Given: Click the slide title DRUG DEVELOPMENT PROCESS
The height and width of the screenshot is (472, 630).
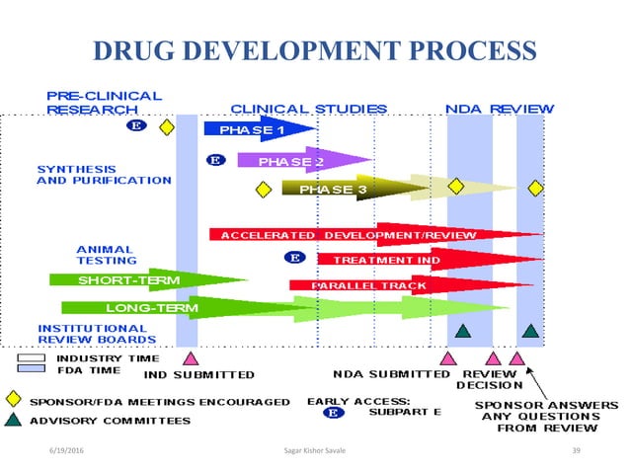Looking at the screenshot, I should [x=314, y=50].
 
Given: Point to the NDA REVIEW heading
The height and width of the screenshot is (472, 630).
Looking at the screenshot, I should [x=500, y=108].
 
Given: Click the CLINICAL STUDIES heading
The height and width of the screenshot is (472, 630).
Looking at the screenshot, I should [x=308, y=108].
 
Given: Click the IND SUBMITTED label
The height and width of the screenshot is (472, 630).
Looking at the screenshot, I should [x=198, y=375].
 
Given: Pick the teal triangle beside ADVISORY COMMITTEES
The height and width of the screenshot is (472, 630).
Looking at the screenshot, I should [x=13, y=420].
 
